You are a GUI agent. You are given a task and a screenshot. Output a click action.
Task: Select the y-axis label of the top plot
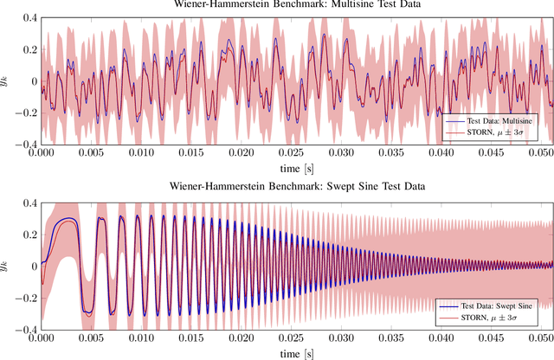(x=8, y=81)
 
